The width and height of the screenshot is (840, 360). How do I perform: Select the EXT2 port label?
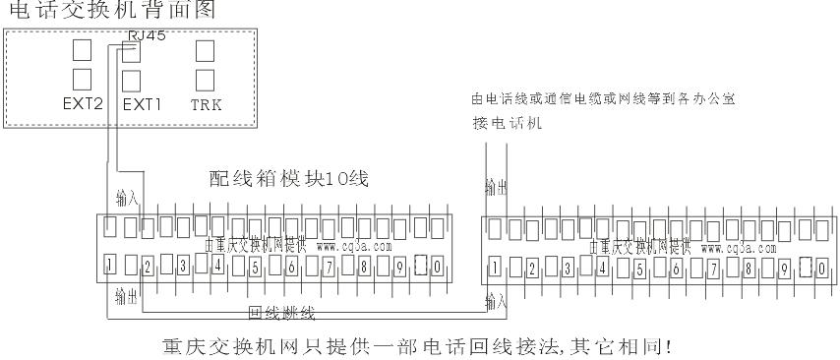83,101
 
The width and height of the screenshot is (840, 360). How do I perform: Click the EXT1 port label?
141,101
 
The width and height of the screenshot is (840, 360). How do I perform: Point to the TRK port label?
205,101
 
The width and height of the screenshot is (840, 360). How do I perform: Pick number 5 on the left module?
254,265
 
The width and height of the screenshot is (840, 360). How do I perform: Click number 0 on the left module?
435,265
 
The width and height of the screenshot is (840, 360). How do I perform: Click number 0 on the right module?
818,266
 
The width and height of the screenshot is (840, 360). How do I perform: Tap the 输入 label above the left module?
127,200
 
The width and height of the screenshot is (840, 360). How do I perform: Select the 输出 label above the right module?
496,186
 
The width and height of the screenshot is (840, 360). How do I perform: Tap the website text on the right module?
732,247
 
